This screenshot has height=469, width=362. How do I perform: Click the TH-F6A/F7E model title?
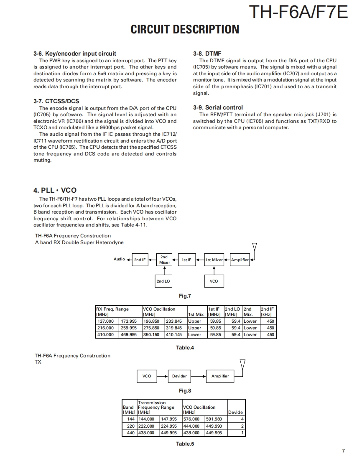point(298,13)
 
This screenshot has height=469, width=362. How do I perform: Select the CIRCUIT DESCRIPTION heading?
point(185,29)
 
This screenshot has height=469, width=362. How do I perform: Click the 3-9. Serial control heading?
point(218,107)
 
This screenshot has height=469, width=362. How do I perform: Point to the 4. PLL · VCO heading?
point(55,190)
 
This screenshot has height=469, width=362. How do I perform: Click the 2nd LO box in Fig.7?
point(163,281)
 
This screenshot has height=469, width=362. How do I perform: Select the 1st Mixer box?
point(214,260)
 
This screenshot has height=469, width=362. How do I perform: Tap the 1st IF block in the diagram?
point(186,260)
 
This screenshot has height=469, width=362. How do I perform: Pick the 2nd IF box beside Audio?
point(140,260)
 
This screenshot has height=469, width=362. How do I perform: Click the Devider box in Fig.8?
point(179,376)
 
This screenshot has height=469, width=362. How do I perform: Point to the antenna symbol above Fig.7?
point(255,247)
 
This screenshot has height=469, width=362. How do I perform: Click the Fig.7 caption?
point(185,296)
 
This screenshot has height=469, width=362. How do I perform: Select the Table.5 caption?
point(185,444)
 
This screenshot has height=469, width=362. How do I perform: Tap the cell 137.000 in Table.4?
point(105,321)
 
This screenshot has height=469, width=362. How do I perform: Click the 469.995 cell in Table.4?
point(129,334)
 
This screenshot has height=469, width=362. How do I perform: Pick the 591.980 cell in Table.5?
point(214,419)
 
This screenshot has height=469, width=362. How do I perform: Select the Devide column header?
point(235,412)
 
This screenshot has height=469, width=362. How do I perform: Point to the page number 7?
point(343,451)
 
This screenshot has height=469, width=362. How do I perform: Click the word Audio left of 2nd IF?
point(119,259)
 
